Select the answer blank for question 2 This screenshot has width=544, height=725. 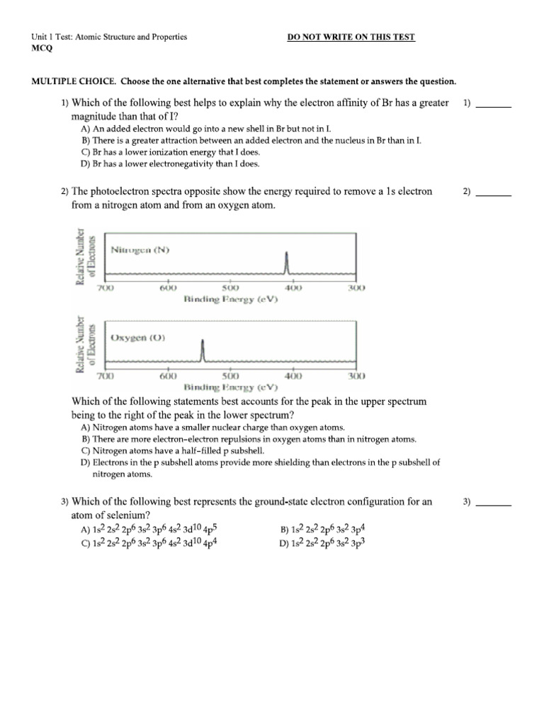click(493, 192)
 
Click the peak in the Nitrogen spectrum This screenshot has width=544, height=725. click(286, 263)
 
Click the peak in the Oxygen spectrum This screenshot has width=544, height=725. click(203, 349)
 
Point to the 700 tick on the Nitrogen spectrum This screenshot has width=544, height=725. click(106, 288)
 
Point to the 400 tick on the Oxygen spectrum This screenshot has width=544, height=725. click(293, 376)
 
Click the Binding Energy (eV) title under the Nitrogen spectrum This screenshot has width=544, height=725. click(231, 299)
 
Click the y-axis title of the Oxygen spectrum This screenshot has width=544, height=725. click(84, 344)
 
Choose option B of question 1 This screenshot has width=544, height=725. click(251, 141)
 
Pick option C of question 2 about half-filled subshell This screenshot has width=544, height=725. click(173, 450)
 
